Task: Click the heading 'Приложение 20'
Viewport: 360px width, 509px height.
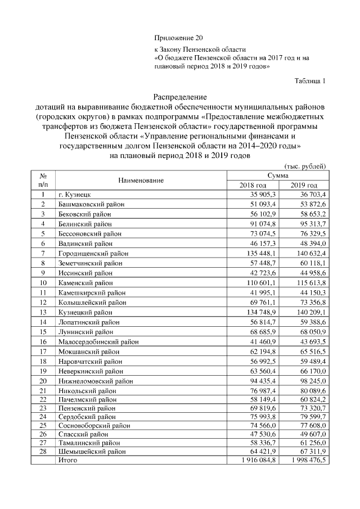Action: (177, 38)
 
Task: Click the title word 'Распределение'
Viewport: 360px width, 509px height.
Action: (180, 97)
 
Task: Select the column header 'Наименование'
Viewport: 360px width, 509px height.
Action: (141, 180)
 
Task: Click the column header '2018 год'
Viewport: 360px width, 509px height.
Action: (253, 185)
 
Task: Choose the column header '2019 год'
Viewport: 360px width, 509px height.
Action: (304, 185)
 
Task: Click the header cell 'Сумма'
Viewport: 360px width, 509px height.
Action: (278, 175)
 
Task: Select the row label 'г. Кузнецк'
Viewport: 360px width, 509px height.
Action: (75, 195)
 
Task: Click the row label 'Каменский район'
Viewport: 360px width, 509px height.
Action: (85, 282)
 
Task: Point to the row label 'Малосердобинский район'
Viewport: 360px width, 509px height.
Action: (98, 341)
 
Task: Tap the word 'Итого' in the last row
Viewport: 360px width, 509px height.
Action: (68, 460)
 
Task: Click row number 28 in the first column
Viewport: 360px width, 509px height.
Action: (42, 451)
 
